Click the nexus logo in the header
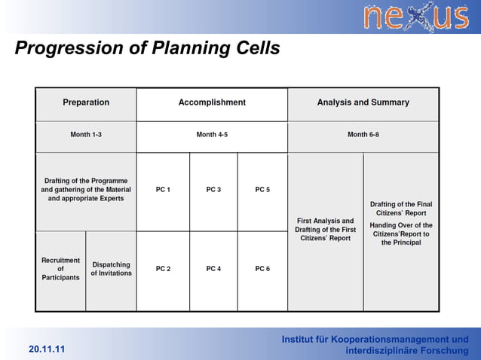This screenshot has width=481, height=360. pyautogui.click(x=415, y=17)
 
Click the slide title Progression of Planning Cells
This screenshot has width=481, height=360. pyautogui.click(x=148, y=49)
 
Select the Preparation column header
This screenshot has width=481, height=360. pyautogui.click(x=86, y=102)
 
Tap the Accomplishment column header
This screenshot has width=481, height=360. pyautogui.click(x=212, y=102)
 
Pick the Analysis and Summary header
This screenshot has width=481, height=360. pyautogui.click(x=363, y=102)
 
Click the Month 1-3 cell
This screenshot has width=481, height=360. pyautogui.click(x=86, y=135)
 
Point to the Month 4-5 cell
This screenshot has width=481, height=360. pyautogui.click(x=212, y=135)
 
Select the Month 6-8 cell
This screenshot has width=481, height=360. pyautogui.click(x=363, y=135)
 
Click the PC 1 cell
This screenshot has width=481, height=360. pyautogui.click(x=163, y=190)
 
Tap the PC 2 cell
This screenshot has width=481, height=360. pyautogui.click(x=163, y=269)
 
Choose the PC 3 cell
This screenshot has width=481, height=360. pyautogui.click(x=213, y=190)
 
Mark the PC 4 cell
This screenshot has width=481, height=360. pyautogui.click(x=213, y=269)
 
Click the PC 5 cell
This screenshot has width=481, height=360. pyautogui.click(x=262, y=190)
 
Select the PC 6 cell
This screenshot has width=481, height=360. pyautogui.click(x=262, y=269)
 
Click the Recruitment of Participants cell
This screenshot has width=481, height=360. pyautogui.click(x=60, y=269)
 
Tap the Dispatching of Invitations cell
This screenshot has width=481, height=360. pyautogui.click(x=111, y=269)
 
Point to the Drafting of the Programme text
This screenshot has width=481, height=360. pyautogui.click(x=86, y=190)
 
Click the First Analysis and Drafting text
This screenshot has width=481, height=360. pyautogui.click(x=325, y=230)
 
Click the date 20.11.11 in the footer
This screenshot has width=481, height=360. pyautogui.click(x=47, y=349)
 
